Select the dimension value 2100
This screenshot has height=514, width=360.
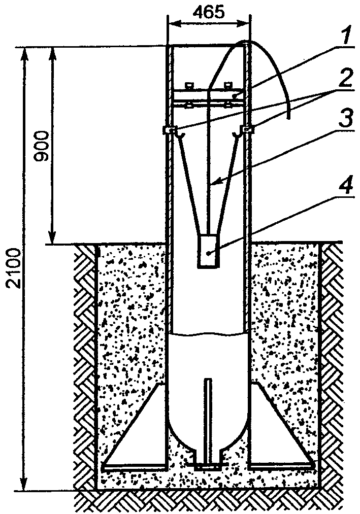tap(15, 268)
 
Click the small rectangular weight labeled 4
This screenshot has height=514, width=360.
tap(208, 251)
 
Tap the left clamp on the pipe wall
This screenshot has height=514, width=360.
tap(168, 130)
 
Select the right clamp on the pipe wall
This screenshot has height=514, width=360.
tap(248, 130)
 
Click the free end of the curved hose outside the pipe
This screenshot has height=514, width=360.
tap(288, 116)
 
